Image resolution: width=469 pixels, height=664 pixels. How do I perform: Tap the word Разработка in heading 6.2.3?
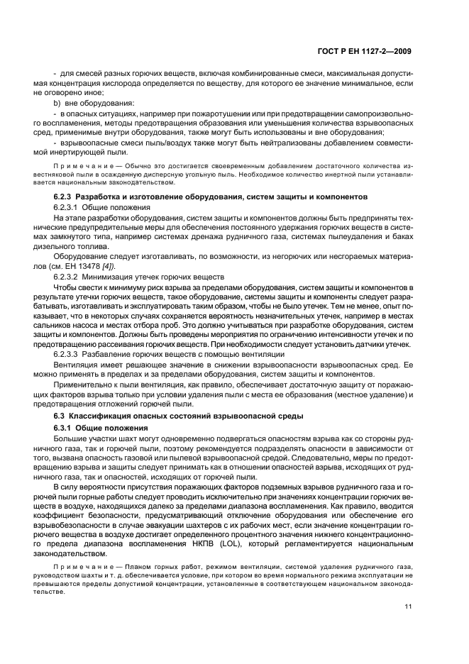[x=99, y=194]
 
